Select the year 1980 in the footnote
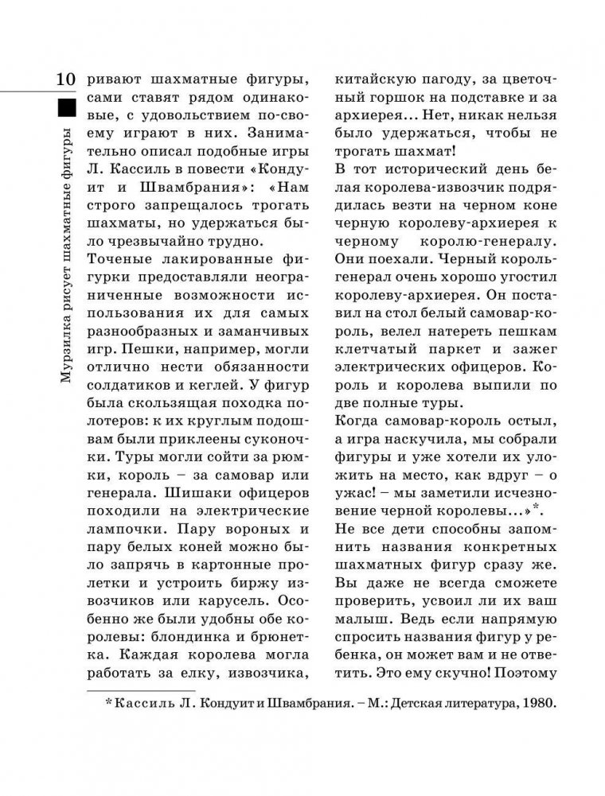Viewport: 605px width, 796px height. click(x=541, y=705)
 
